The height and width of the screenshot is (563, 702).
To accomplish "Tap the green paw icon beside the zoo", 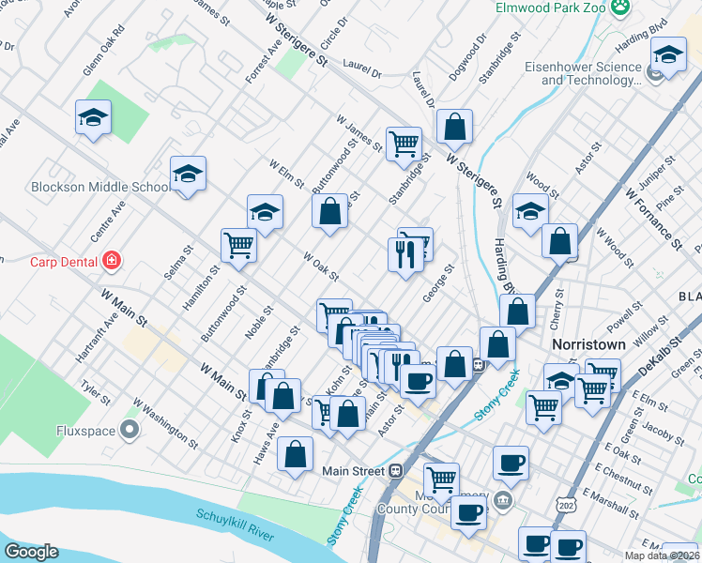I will point(619,8).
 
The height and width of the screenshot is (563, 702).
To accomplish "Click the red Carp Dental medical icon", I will point(112,260).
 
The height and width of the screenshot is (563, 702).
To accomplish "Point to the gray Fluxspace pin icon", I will point(130,431).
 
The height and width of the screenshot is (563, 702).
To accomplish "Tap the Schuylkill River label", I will point(235,527).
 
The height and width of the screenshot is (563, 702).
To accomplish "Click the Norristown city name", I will point(588,344).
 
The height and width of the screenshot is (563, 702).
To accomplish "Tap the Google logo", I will point(32,551).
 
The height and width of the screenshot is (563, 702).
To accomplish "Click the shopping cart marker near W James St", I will point(404,145).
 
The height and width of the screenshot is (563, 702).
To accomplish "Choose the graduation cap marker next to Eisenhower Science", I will point(668,58).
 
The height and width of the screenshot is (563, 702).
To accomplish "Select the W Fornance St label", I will point(653,217).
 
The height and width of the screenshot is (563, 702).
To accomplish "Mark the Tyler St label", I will point(96,388).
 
